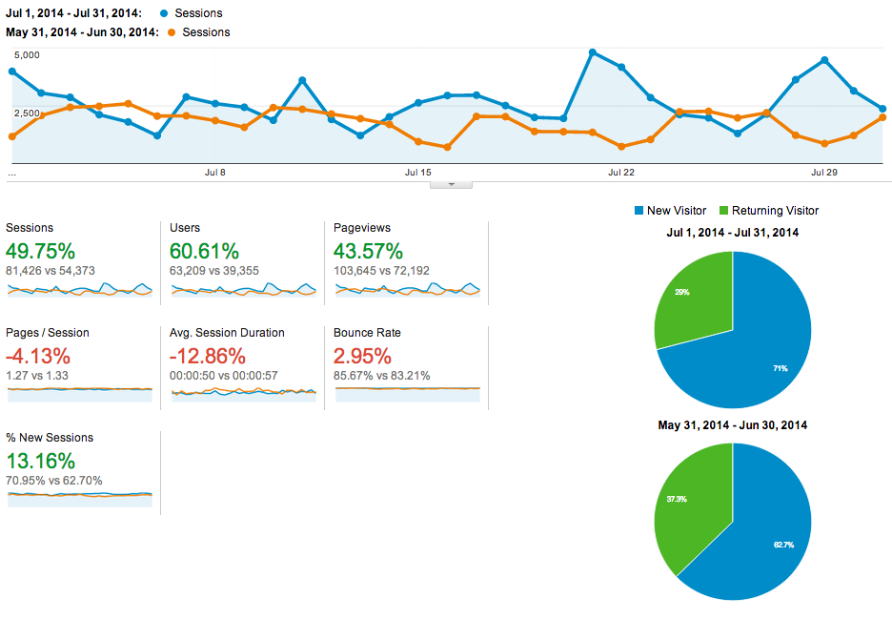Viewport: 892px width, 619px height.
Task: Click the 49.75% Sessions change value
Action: [x=40, y=252]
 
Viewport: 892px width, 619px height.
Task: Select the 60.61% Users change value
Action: [x=204, y=252]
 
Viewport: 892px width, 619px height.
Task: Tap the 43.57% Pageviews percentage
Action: [x=368, y=252]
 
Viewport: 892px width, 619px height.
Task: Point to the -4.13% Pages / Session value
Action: [x=38, y=357]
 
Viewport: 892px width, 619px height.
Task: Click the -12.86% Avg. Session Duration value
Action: [x=208, y=357]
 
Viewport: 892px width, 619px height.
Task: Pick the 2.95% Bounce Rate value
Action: [x=362, y=357]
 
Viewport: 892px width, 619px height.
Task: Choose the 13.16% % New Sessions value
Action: [x=40, y=462]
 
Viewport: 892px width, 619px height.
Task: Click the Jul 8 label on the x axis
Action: [x=215, y=173]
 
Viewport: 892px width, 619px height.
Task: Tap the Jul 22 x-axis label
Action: [x=620, y=173]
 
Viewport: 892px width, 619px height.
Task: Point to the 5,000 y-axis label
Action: [x=26, y=55]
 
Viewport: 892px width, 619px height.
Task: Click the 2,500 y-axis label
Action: [x=26, y=113]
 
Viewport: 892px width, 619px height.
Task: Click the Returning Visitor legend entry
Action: [x=775, y=211]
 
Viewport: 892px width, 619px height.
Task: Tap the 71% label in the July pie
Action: [x=780, y=368]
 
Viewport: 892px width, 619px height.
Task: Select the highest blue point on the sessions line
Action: [x=593, y=52]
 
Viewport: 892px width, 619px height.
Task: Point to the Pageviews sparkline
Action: [x=408, y=289]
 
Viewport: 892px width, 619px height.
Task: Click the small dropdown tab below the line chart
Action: [x=452, y=184]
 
